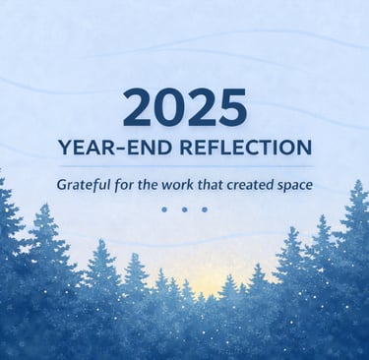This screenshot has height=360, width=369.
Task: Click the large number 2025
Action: click(185, 107)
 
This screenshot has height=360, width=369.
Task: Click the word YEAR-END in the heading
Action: click(115, 148)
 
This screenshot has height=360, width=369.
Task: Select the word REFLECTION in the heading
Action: click(246, 148)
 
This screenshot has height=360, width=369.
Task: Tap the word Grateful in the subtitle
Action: click(84, 185)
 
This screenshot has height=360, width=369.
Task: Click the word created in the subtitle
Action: click(250, 185)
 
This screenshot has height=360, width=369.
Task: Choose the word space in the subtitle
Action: click(294, 186)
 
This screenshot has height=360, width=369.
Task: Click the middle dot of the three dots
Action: click(184, 210)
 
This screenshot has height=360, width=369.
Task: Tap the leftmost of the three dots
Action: click(164, 210)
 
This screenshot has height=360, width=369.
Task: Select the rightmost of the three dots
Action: click(205, 210)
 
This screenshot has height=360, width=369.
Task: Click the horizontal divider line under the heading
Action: click(186, 166)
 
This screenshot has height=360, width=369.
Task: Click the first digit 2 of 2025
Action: click(137, 107)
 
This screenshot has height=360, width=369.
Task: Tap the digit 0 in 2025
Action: click(169, 107)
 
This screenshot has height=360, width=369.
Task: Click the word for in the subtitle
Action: click(124, 185)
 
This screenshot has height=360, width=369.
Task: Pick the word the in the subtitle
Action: click(149, 185)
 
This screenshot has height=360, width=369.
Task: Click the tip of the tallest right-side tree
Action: click(358, 180)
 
